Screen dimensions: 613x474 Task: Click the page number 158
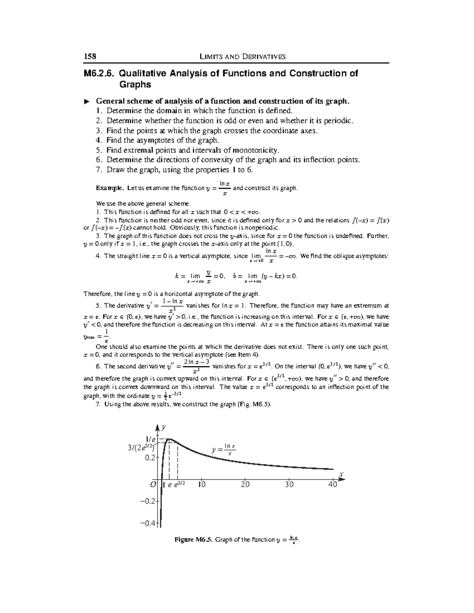coord(90,56)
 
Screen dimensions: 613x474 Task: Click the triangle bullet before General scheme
coord(87,101)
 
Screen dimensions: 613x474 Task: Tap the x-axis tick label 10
coord(202,484)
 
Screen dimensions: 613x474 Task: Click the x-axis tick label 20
coord(245,484)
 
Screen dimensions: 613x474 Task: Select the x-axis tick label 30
coord(289,484)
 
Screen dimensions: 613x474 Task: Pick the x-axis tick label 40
coord(333,484)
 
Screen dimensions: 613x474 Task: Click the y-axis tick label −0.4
coord(149,523)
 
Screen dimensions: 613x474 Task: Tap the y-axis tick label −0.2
coord(149,501)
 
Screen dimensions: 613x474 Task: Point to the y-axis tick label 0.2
coord(150,458)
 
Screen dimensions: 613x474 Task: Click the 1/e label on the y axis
coord(151,439)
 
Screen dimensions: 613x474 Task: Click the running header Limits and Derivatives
coord(243,56)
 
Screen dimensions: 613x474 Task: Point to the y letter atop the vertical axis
coord(163,427)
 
